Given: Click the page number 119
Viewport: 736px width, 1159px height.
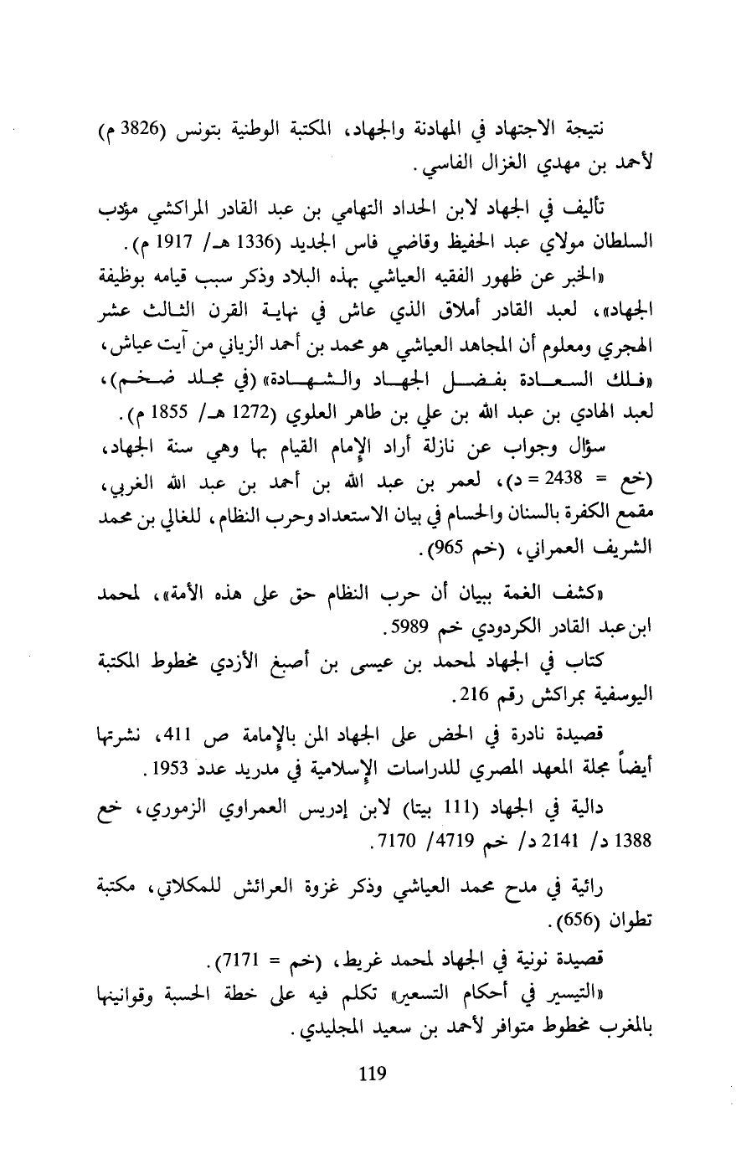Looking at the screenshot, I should pyautogui.click(x=369, y=1072).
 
